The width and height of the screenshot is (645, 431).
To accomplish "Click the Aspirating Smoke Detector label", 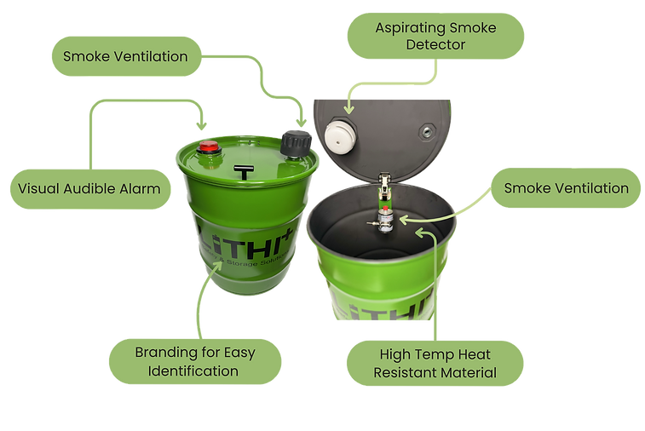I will coord(435,35).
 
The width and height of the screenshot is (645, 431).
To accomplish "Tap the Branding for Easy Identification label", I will coord(194,361).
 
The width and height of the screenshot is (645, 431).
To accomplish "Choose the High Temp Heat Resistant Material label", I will coord(435,361).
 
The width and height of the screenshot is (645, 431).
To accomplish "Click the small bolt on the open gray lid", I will coord(423,132).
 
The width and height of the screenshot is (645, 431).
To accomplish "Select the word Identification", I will coord(194,371).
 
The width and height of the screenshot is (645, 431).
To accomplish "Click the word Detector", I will coord(435,44).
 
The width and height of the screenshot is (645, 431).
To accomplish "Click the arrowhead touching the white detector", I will coord(348,109).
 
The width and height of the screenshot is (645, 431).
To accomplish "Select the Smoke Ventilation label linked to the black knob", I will coord(125,57).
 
